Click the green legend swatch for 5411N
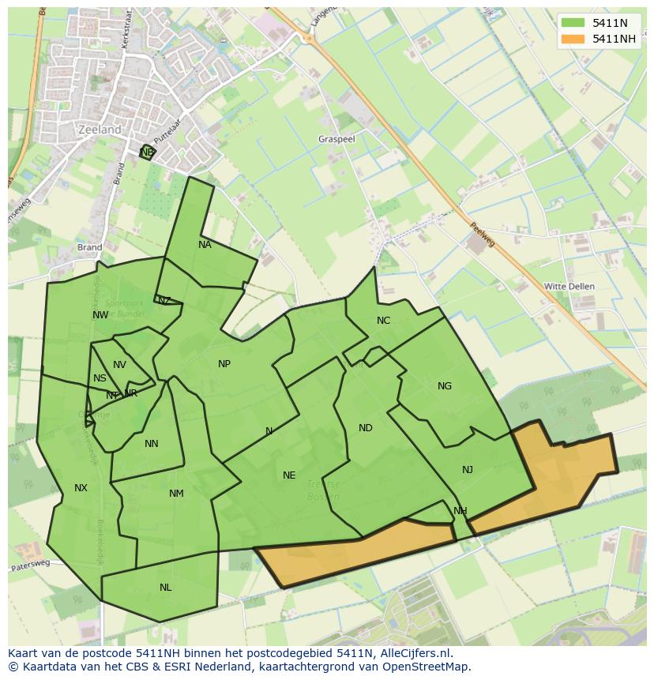[573, 24]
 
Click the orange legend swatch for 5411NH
[573, 39]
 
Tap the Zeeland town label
[100, 130]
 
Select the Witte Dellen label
[569, 286]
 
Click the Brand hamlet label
[90, 247]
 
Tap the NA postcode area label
[205, 245]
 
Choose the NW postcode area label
[100, 315]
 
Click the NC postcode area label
[383, 320]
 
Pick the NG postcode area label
[445, 386]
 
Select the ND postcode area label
[365, 428]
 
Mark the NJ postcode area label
[468, 470]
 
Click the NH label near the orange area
[460, 511]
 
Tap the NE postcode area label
[289, 475]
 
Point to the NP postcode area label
[224, 364]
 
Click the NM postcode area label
[176, 494]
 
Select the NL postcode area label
[165, 588]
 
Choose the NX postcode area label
[81, 488]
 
